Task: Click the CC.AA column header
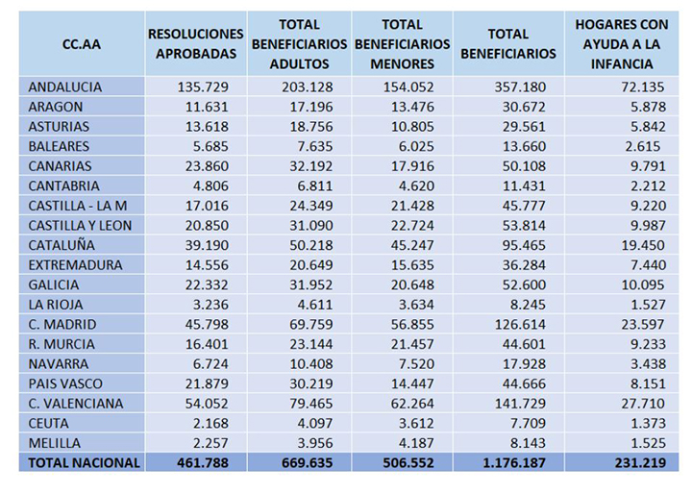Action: [82, 44]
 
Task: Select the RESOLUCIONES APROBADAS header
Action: [196, 43]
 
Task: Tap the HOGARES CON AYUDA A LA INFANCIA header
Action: [622, 44]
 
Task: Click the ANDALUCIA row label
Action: [65, 86]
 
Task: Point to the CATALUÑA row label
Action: [62, 245]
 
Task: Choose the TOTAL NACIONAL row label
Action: [84, 462]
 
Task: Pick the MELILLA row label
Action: [54, 443]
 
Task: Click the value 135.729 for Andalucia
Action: [203, 86]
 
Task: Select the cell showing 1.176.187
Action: [514, 462]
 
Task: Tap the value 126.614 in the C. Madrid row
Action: [520, 325]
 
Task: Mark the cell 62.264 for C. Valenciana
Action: [412, 404]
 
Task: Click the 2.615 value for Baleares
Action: [643, 146]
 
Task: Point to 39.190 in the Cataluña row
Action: [207, 245]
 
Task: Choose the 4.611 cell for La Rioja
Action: [314, 305]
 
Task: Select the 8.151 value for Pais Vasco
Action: [648, 383]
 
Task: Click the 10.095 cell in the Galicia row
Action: [643, 284]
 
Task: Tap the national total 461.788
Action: [203, 462]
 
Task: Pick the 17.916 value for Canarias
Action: [412, 166]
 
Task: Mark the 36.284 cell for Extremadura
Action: [524, 265]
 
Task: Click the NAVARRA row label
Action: [59, 363]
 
